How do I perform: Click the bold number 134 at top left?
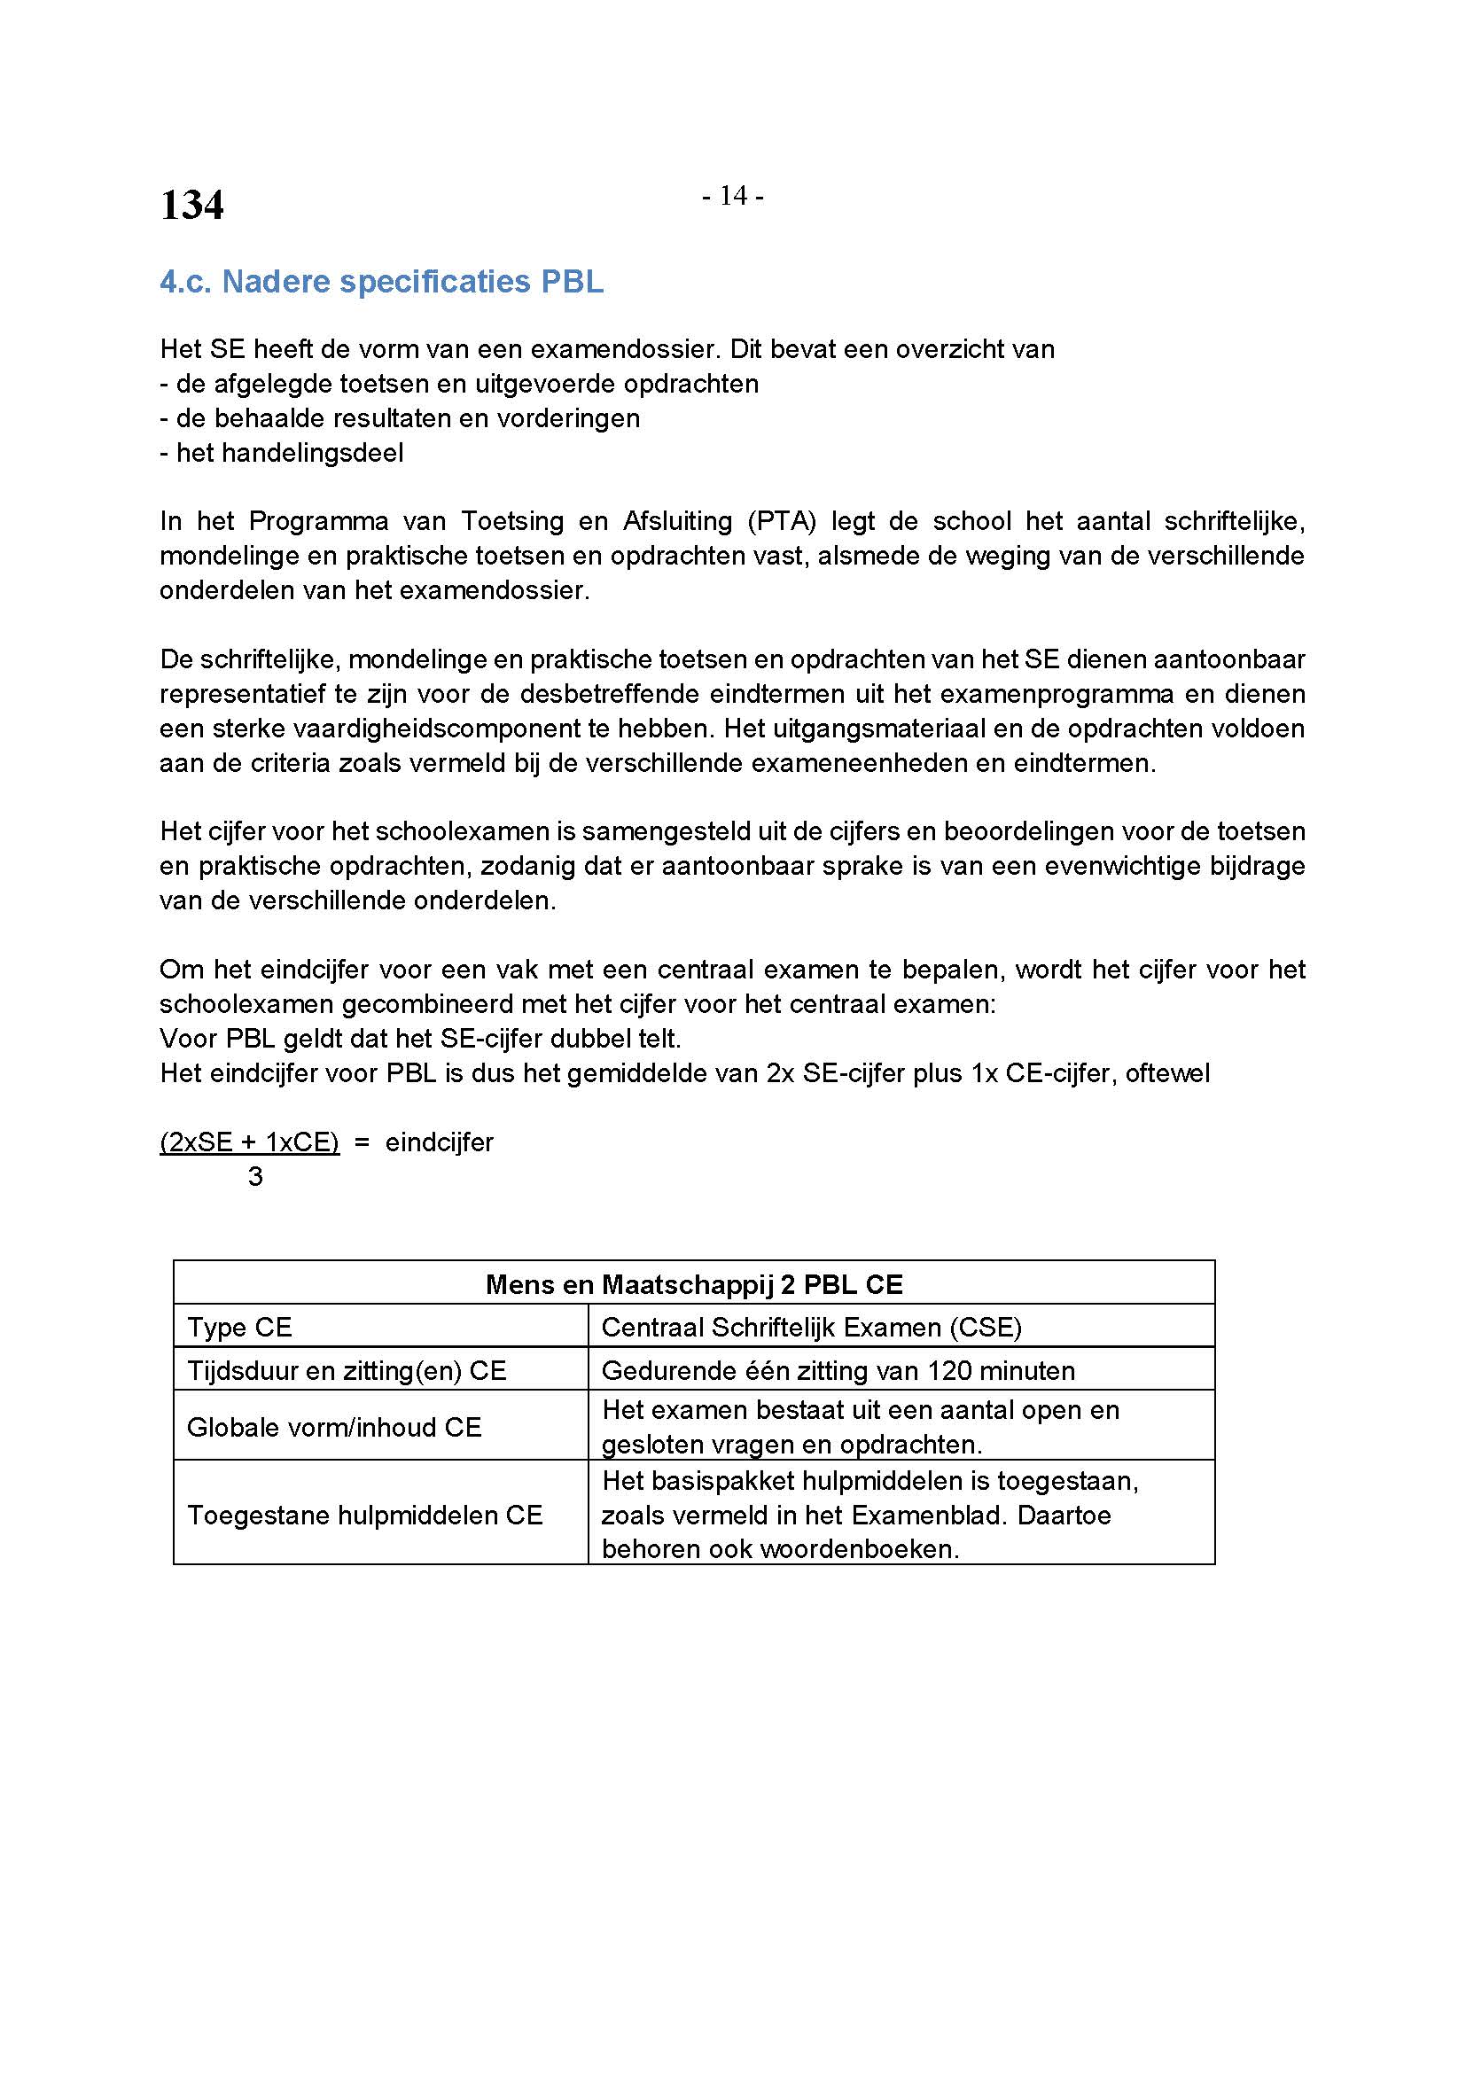click(x=191, y=205)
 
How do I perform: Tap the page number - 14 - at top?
click(x=733, y=196)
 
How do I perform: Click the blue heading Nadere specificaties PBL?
click(x=381, y=282)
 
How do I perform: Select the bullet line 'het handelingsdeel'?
click(x=282, y=452)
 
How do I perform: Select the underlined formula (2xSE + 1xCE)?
click(x=249, y=1142)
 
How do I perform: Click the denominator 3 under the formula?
click(x=255, y=1176)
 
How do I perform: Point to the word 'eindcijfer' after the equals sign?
click(x=440, y=1142)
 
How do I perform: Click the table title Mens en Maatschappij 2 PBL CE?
click(x=693, y=1284)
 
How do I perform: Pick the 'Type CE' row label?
click(x=239, y=1328)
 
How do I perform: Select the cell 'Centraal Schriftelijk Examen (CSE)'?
click(x=811, y=1328)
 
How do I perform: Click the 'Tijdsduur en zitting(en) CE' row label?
click(x=346, y=1370)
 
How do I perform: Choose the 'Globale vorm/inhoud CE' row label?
click(x=334, y=1427)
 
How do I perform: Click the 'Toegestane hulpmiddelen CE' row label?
click(x=364, y=1515)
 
